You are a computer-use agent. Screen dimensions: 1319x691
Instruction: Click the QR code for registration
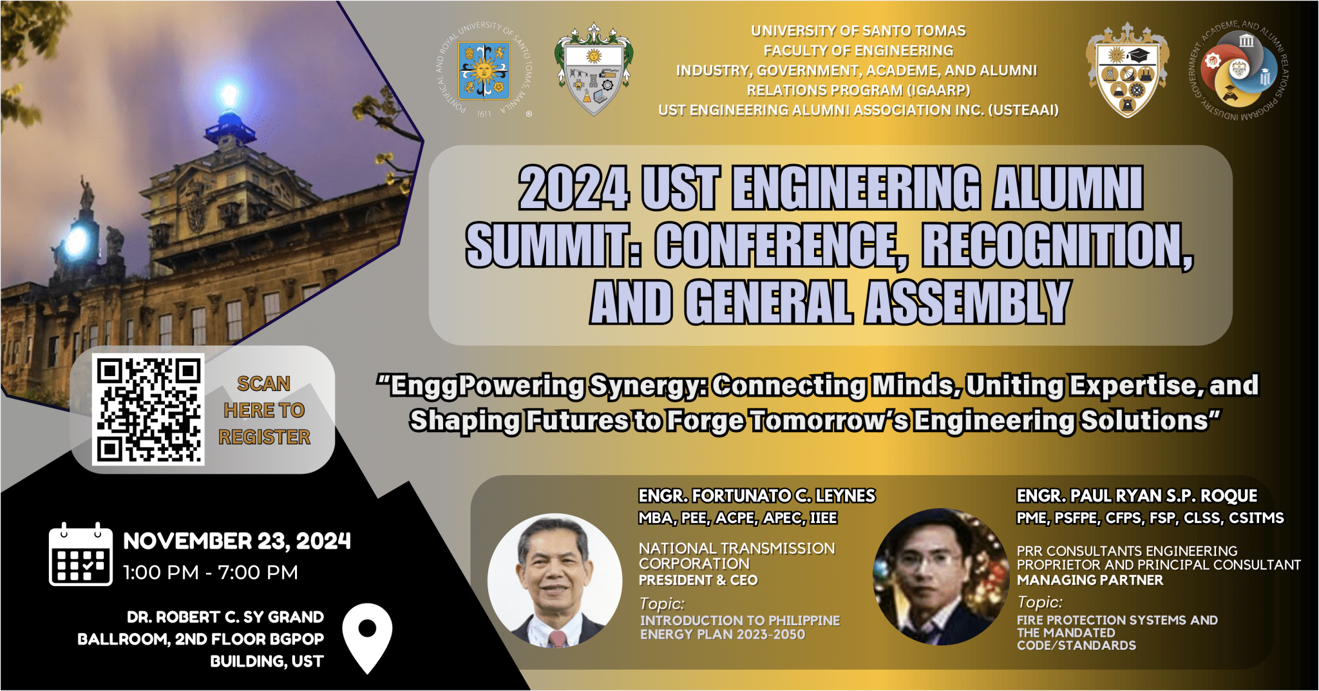coord(148,409)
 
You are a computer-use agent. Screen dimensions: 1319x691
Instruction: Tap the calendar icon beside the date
coord(81,554)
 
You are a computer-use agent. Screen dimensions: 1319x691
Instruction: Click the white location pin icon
coord(367,638)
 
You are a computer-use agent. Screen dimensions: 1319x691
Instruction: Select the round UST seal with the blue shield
coord(484,70)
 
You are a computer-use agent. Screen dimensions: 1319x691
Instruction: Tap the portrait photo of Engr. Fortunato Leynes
coord(555,580)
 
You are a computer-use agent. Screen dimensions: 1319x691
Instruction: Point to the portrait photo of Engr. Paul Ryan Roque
coord(941,577)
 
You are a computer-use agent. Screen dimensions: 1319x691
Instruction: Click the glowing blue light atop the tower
coord(229,95)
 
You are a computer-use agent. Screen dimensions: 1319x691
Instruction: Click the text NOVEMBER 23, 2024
coord(237,541)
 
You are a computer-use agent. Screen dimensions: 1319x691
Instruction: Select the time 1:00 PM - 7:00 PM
coord(211,573)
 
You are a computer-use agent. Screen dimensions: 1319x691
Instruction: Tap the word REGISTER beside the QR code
coord(264,437)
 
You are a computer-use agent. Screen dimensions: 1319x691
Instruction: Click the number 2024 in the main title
coord(573,188)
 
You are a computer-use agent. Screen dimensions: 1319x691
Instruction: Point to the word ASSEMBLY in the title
coord(968,302)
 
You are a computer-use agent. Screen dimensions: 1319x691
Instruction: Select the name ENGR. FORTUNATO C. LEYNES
coord(757,496)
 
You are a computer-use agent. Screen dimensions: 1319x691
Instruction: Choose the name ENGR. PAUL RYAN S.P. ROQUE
coord(1137,496)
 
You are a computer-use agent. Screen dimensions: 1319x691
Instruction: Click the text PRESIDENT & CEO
coord(698,580)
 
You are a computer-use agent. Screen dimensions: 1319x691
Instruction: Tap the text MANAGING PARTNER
coord(1090,580)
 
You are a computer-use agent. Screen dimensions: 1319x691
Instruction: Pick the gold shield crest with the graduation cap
coord(1128,71)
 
